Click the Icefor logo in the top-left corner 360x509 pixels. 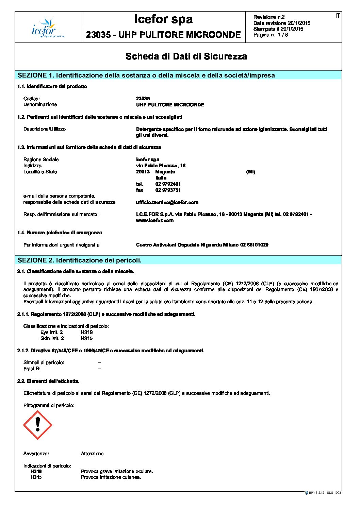pyautogui.click(x=48, y=28)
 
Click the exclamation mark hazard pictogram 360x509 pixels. pyautogui.click(x=37, y=425)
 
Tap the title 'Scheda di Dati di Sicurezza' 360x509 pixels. pyautogui.click(x=186, y=56)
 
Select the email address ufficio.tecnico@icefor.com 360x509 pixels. pyautogui.click(x=167, y=202)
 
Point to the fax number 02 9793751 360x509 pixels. pyautogui.click(x=168, y=190)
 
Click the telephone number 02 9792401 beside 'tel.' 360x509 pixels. pyautogui.click(x=168, y=184)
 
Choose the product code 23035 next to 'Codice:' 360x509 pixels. pyautogui.click(x=143, y=99)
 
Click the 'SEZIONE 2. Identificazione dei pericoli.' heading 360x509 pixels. pyautogui.click(x=80, y=260)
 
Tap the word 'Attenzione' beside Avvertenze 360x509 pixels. pyautogui.click(x=92, y=454)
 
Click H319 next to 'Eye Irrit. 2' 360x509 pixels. pyautogui.click(x=87, y=332)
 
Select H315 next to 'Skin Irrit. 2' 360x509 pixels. pyautogui.click(x=87, y=338)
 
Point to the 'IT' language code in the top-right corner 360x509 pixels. pyautogui.click(x=338, y=16)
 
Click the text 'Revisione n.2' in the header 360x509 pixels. pyautogui.click(x=269, y=17)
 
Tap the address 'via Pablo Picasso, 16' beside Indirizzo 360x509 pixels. pyautogui.click(x=161, y=166)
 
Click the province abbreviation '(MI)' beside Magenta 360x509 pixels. pyautogui.click(x=250, y=172)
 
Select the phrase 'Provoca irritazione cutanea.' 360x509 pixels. pyautogui.click(x=111, y=477)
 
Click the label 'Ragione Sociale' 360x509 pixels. pyautogui.click(x=41, y=159)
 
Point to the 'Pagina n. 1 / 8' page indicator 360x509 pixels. pyautogui.click(x=271, y=35)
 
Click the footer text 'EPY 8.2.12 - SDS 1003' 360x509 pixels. pyautogui.click(x=325, y=492)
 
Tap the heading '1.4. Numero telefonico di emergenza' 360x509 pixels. pyautogui.click(x=60, y=233)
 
